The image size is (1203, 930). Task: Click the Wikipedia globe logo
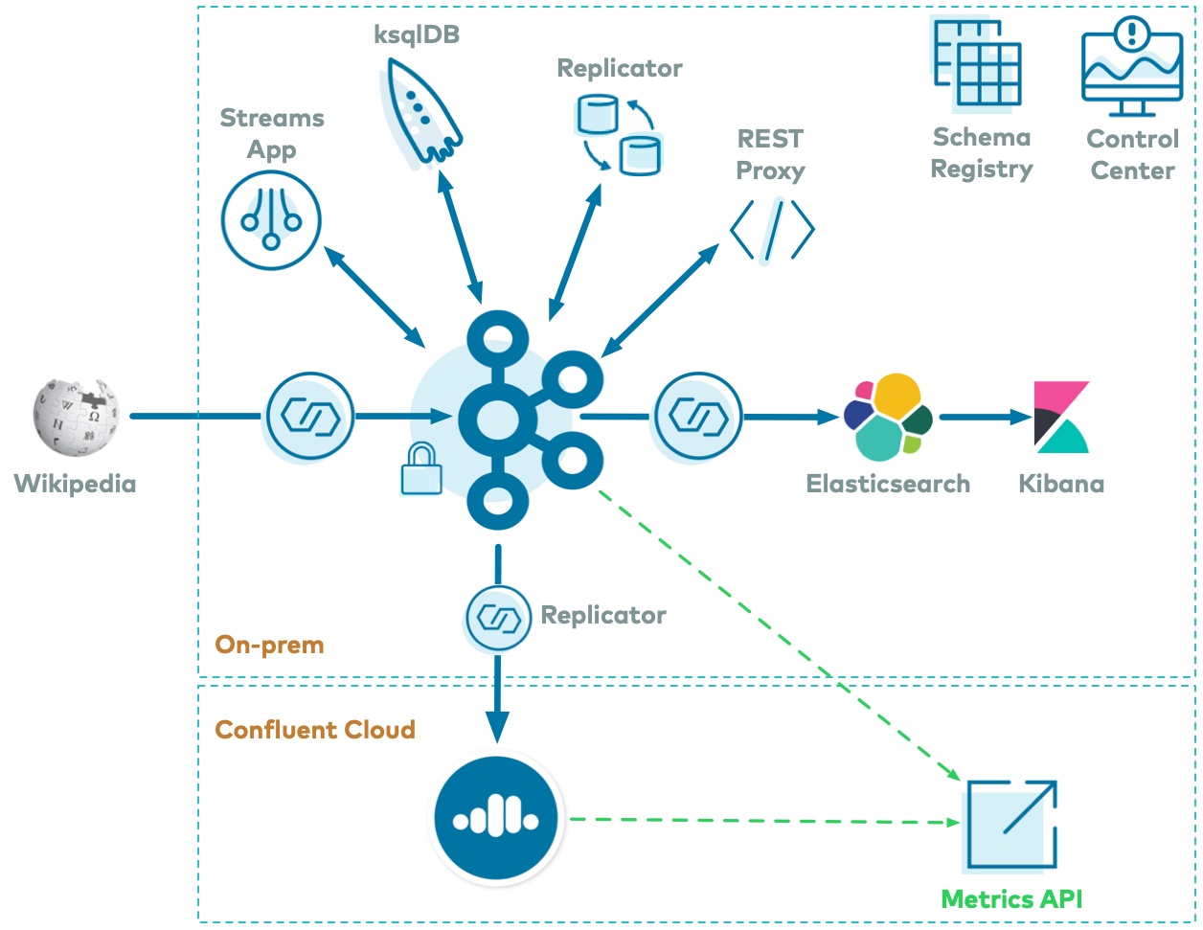(76, 418)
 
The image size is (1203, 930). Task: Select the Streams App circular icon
(271, 220)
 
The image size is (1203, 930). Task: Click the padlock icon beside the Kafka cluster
(421, 468)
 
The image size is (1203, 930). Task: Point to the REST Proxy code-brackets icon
(772, 230)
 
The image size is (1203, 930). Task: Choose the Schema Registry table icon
(978, 63)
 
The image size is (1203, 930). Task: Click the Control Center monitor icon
(1132, 66)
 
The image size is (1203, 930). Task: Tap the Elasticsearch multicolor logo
(888, 418)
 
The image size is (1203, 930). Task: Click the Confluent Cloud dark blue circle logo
(496, 820)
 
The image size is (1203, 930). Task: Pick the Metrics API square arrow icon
(1011, 826)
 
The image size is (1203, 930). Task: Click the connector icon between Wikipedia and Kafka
(309, 417)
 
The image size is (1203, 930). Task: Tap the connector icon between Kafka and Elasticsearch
(698, 417)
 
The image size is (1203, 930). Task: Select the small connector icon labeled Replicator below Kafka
(498, 619)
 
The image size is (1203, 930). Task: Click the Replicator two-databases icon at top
(619, 133)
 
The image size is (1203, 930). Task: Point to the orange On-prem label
(269, 645)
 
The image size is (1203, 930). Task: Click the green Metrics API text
(1011, 899)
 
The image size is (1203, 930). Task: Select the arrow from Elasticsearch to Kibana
(985, 417)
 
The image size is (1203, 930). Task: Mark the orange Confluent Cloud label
(315, 730)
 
